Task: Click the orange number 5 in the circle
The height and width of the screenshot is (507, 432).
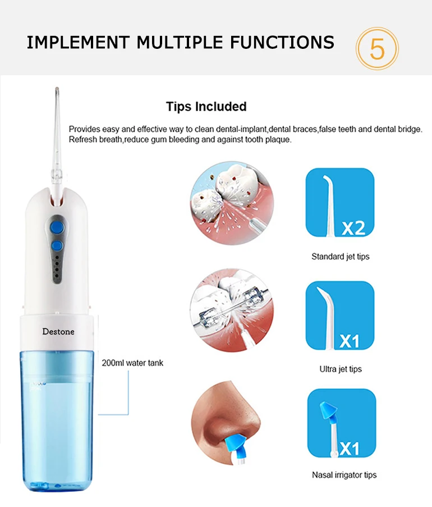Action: point(377,49)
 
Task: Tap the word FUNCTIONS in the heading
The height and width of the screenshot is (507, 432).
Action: point(282,43)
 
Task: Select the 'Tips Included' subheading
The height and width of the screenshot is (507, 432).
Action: point(206,106)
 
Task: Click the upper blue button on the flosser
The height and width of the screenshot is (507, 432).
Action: point(57,227)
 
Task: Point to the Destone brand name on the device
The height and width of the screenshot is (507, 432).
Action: point(58,331)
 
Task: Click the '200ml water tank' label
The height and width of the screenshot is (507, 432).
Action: point(132,363)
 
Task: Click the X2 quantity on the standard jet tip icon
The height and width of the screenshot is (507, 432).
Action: point(353,228)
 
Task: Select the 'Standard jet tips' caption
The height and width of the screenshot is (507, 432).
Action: point(340,257)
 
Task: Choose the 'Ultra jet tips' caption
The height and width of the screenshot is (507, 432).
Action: point(341,369)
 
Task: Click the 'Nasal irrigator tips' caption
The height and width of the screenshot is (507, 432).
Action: point(344,475)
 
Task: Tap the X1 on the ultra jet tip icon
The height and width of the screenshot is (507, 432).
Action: point(350,341)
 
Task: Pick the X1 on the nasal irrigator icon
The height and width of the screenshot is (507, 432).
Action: point(350,449)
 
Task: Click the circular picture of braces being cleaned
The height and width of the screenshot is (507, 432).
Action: point(232,310)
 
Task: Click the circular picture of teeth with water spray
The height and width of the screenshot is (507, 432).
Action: point(232,203)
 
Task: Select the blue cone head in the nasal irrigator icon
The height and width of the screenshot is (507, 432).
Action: point(328,410)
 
